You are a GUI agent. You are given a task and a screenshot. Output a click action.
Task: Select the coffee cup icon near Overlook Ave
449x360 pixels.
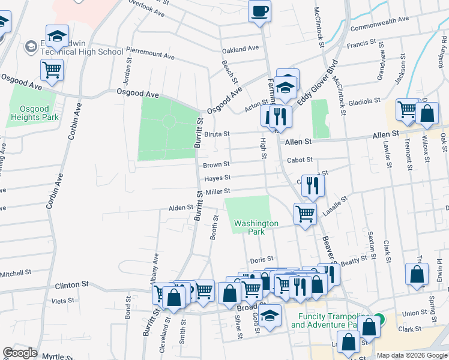point(259,11)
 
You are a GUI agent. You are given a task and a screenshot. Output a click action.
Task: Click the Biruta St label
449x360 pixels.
point(217,134)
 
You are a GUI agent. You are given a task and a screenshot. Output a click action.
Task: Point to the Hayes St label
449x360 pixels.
point(217,178)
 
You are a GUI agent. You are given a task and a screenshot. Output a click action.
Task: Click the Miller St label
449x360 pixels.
point(218,191)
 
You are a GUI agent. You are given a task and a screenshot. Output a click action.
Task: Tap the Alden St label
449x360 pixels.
point(181,208)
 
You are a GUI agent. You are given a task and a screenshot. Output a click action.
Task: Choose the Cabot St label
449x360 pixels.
point(300,160)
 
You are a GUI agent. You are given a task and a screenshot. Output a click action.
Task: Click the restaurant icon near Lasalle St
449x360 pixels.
point(312,186)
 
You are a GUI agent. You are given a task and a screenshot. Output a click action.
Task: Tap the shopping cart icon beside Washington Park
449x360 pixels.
point(305,213)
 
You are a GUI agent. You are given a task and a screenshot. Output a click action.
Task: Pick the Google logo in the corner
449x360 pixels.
point(20,353)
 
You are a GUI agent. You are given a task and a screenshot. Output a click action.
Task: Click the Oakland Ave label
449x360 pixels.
point(240,48)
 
